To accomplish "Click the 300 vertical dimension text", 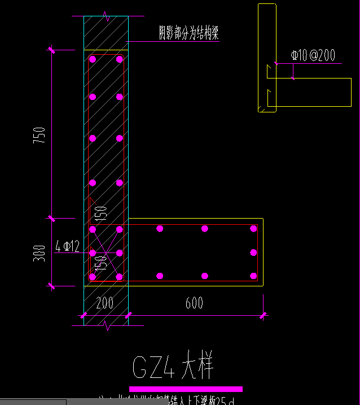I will tap(39, 252).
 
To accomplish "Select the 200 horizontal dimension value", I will tap(105, 303).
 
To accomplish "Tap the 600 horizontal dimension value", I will tap(195, 303).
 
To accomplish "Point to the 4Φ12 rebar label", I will tap(68, 246).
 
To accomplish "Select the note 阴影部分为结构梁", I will tap(188, 33).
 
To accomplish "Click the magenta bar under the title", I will tap(186, 389).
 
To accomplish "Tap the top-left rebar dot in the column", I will tap(93, 59).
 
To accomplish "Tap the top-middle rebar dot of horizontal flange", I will tap(205, 229).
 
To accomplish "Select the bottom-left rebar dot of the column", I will tap(93, 276).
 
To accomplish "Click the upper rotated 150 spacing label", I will tap(101, 212).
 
